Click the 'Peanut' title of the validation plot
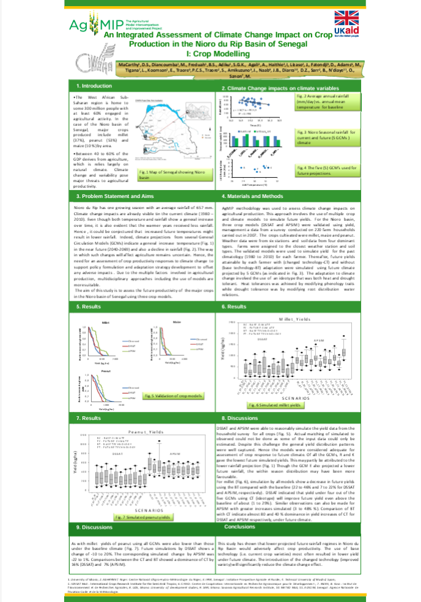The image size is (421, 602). [x=104, y=371]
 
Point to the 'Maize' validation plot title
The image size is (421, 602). [x=177, y=321]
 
